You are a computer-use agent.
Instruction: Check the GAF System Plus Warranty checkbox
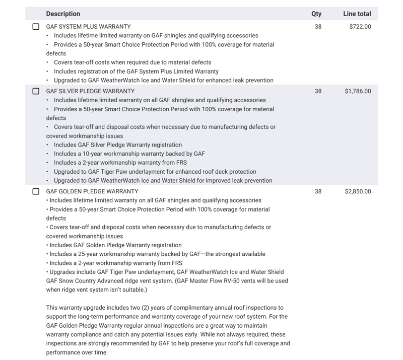pos(36,27)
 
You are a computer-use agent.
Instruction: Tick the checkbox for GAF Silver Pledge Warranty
pos(36,91)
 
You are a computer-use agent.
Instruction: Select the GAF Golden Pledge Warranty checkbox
pos(36,191)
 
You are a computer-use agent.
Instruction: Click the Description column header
pos(63,14)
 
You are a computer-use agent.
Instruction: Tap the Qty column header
pos(316,14)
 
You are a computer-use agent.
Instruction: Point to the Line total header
pos(357,14)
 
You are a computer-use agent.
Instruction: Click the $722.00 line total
pos(360,27)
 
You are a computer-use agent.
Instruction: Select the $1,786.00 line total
pos(358,91)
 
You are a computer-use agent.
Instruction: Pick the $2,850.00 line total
pos(358,191)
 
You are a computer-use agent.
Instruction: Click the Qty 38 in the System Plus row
pos(318,27)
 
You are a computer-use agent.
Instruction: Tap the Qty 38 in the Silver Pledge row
pos(318,91)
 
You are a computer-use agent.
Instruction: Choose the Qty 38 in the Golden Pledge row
pos(318,191)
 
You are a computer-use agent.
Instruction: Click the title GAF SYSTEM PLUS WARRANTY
pos(88,27)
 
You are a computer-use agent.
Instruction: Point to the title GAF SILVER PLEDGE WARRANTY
pos(90,91)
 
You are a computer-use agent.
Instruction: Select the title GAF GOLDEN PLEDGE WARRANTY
pos(92,191)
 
